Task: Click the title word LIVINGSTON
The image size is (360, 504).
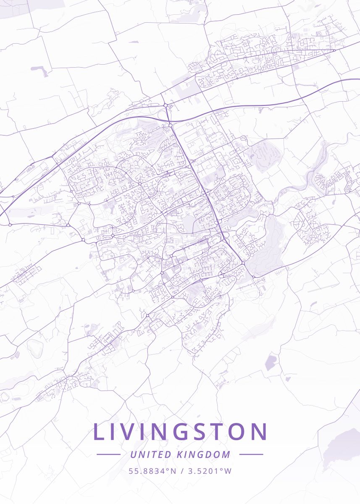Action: tap(180, 432)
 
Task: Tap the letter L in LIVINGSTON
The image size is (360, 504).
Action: tap(98, 432)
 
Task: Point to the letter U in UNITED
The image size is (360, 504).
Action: tap(133, 454)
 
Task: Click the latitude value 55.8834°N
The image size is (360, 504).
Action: tap(152, 471)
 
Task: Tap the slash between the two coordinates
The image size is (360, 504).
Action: tap(182, 471)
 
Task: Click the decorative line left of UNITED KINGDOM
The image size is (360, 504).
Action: tap(108, 454)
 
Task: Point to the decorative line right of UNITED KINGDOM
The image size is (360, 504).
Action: tap(251, 454)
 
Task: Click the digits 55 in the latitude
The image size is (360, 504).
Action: tap(133, 471)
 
